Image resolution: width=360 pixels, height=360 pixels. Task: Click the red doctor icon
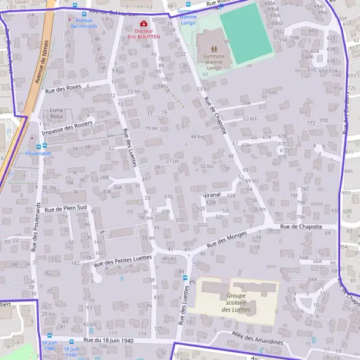click(143, 24)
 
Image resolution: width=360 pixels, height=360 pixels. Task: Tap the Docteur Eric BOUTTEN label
click(143, 34)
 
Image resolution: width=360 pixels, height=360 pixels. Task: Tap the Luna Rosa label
click(56, 113)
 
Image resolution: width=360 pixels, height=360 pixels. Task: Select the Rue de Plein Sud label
click(66, 209)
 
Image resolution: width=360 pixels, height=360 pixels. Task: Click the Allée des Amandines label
click(252, 338)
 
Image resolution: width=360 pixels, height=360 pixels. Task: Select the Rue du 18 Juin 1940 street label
click(109, 340)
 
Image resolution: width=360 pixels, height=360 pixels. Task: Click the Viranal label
click(212, 196)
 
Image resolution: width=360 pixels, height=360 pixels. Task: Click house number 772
click(310, 123)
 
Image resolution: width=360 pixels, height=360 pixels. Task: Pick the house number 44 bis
click(197, 137)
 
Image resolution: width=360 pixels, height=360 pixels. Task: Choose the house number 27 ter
click(172, 161)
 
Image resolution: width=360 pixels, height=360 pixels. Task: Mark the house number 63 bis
click(249, 119)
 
